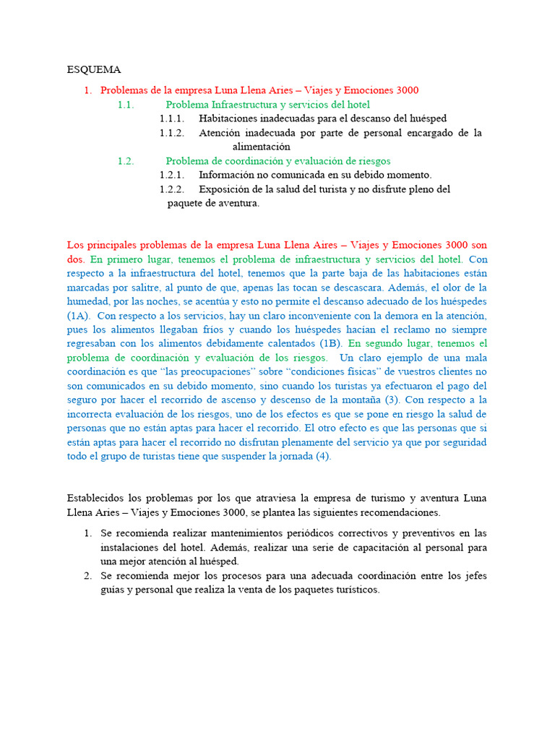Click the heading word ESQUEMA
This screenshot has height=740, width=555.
tap(94, 70)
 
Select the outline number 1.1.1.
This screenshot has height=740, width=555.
tap(172, 118)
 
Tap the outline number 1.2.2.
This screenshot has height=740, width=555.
tap(172, 189)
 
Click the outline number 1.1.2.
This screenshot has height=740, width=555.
tap(172, 133)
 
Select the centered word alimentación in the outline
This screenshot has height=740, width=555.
tap(261, 147)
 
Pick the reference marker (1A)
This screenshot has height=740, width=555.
tap(79, 316)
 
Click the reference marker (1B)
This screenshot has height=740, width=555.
tap(330, 343)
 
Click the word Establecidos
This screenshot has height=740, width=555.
tap(96, 498)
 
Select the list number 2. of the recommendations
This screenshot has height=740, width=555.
tap(87, 576)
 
